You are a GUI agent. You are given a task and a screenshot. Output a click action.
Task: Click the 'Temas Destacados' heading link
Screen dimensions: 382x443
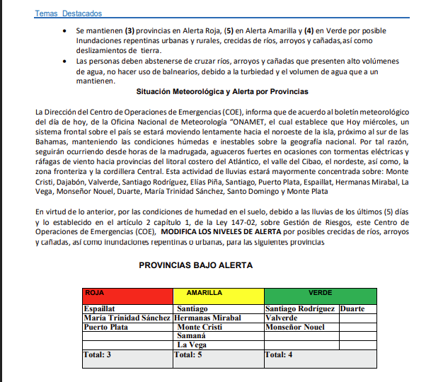click(68, 13)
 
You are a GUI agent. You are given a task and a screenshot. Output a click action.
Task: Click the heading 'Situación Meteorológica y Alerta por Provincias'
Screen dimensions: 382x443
click(221, 92)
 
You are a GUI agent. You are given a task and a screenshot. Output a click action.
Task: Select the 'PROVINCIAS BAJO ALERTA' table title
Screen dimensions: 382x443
click(195, 265)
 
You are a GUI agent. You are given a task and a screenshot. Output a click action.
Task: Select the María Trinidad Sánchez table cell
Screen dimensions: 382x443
click(127, 318)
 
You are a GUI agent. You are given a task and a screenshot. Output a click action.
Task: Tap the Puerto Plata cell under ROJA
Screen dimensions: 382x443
click(105, 328)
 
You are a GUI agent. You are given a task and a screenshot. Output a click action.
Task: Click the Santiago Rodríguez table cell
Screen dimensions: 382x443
click(300, 309)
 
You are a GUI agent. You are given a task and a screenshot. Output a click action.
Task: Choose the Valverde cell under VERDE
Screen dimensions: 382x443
click(282, 318)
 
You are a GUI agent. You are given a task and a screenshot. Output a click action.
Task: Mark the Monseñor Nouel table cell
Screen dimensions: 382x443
click(294, 328)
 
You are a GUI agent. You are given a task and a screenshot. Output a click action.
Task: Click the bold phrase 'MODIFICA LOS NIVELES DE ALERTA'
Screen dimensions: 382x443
click(220, 231)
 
